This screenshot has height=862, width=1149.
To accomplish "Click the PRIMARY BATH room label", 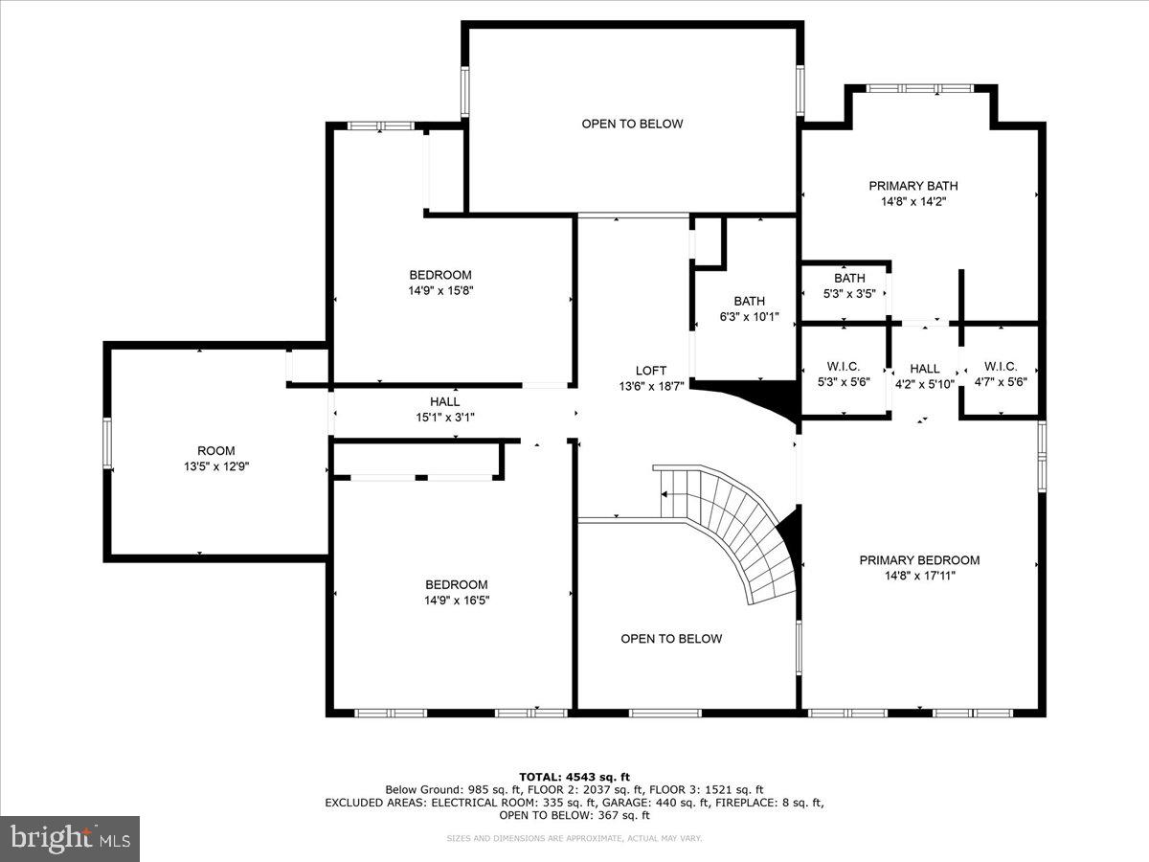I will [x=912, y=186].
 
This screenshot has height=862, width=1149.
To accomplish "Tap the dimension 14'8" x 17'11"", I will [x=919, y=576].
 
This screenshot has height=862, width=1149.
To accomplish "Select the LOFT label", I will [x=650, y=371].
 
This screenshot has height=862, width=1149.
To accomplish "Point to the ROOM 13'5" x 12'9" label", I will [x=215, y=458].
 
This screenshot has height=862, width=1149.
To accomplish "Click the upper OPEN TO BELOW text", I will [x=632, y=124].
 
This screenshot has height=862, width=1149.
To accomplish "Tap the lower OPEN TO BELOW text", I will [x=671, y=639].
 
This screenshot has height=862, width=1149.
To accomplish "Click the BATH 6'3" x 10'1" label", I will [x=749, y=308].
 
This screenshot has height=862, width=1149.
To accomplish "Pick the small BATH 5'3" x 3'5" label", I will [x=848, y=285].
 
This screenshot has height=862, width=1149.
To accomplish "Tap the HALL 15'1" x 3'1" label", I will [x=444, y=409].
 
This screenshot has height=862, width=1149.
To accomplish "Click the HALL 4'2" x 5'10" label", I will [x=924, y=376].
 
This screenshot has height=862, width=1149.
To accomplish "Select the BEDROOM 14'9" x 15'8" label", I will [x=440, y=283].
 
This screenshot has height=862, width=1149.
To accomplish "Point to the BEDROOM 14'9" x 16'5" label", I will [x=456, y=592].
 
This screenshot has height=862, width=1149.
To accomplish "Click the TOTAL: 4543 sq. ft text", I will [x=574, y=777].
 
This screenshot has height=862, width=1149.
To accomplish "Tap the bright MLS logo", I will [x=70, y=839].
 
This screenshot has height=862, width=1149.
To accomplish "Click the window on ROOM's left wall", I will [x=107, y=444].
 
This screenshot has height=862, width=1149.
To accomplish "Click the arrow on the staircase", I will [x=665, y=494].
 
